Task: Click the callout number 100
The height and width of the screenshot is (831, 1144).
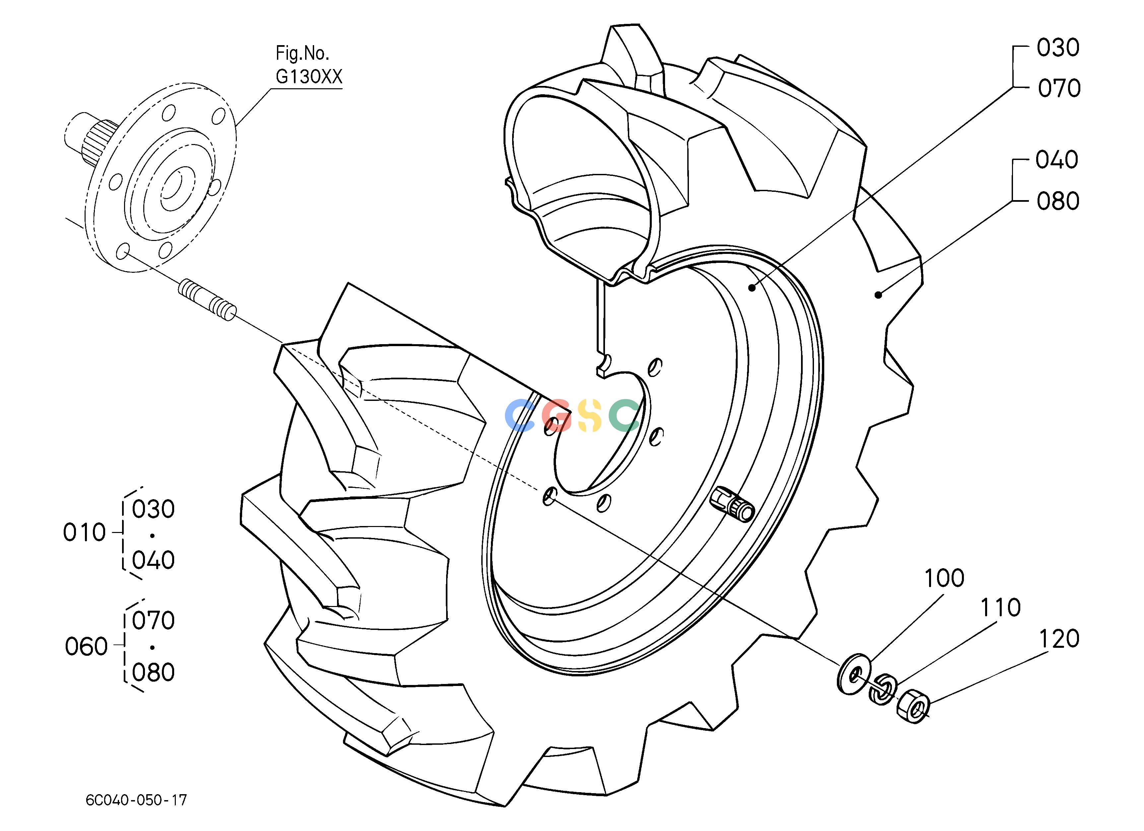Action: (x=944, y=578)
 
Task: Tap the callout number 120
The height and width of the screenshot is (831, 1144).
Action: (x=1059, y=639)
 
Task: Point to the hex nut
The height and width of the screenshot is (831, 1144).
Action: (x=913, y=706)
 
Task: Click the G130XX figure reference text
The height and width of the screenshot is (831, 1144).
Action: (x=309, y=76)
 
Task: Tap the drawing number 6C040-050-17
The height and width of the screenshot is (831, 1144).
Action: (x=136, y=800)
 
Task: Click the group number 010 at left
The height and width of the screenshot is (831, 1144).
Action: (x=84, y=532)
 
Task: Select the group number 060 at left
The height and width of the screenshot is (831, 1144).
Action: (x=86, y=646)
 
